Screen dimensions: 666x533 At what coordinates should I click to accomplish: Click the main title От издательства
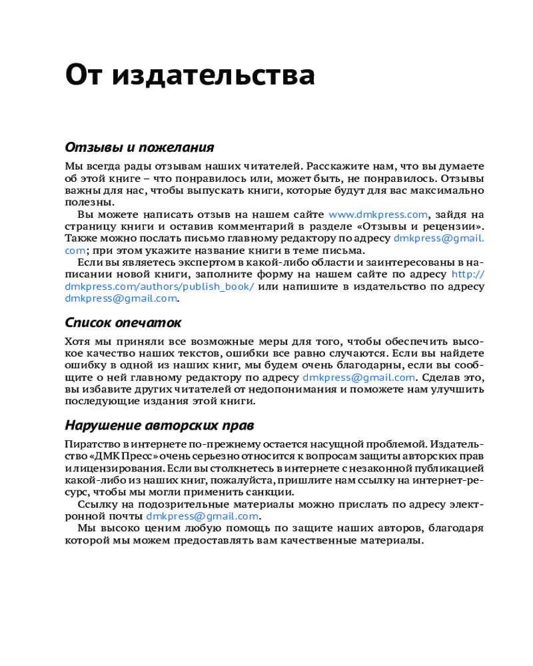tap(190, 75)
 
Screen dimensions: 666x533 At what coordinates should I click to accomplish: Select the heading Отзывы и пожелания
tap(139, 147)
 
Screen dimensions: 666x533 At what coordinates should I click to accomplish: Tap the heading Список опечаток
tap(123, 323)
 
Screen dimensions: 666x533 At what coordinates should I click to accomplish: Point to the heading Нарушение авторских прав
tap(159, 426)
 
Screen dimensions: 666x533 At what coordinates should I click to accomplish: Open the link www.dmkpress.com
tap(378, 214)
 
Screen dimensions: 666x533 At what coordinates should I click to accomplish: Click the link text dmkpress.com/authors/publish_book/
tap(159, 286)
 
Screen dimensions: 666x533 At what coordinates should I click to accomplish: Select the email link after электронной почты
tap(202, 516)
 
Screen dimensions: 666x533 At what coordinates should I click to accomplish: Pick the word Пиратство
tap(89, 444)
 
